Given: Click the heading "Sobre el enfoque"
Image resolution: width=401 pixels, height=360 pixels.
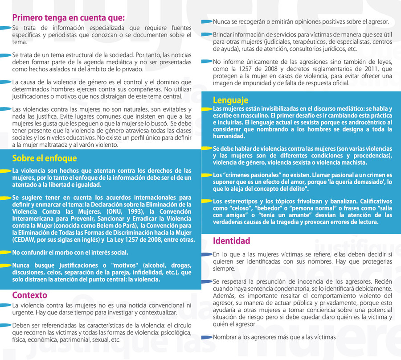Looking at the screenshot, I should click(45, 158).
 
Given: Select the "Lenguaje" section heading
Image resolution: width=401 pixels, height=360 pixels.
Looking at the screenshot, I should click(230, 100).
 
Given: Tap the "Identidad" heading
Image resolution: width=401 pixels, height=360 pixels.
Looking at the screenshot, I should click(231, 241).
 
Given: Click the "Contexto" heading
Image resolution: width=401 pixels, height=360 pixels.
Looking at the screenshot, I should click(29, 295).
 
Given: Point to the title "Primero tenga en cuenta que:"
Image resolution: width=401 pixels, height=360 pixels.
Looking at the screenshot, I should click(68, 18).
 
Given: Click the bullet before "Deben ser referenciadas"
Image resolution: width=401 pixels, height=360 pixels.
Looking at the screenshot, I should click(6, 325).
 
